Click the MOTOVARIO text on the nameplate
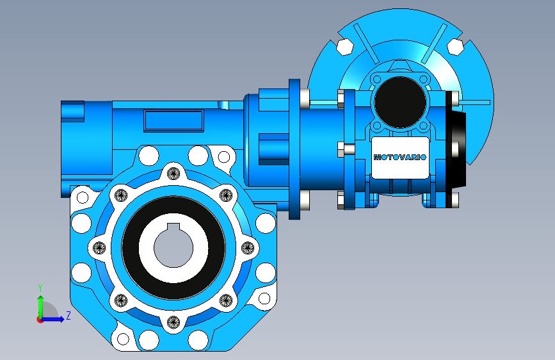400,157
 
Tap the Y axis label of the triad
40,288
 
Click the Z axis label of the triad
68,315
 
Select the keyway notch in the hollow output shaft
173,227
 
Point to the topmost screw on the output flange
173,174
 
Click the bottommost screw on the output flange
173,322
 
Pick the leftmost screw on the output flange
99,248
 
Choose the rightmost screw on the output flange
248,248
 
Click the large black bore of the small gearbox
400,102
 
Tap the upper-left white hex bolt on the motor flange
345,47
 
